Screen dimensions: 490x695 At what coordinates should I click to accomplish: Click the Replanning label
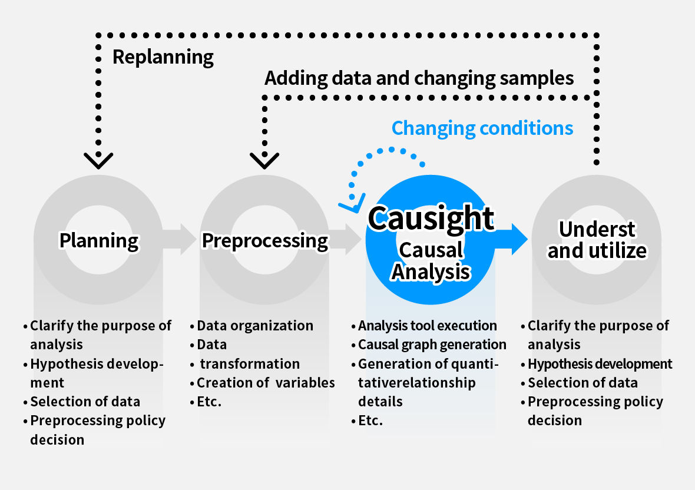pos(163,57)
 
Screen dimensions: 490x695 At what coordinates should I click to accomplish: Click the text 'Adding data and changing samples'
pos(419,78)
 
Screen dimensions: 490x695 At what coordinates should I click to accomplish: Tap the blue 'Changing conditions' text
pos(482,128)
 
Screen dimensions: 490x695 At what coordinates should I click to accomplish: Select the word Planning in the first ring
pos(99,240)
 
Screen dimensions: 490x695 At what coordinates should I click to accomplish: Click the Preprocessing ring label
pos(265,240)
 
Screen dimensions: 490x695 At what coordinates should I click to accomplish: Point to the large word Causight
pos(431,218)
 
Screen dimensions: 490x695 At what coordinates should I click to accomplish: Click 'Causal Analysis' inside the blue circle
pos(431,261)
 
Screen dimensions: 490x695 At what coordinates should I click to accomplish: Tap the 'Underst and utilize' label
pos(597,240)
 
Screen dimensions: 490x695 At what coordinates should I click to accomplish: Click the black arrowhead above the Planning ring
pos(98,159)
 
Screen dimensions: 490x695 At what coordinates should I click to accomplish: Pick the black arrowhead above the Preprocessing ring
pos(264,159)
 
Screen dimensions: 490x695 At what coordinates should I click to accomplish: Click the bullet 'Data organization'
pos(254,326)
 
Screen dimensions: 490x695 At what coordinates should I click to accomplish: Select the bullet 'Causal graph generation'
pos(432,345)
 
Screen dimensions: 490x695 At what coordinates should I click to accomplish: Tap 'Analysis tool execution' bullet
pos(427,326)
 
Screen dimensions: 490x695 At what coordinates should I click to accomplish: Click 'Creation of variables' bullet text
pos(265,383)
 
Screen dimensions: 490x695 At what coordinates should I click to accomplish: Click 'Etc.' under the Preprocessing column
pos(209,402)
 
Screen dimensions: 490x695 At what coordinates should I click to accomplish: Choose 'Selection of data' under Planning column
pos(85,402)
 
